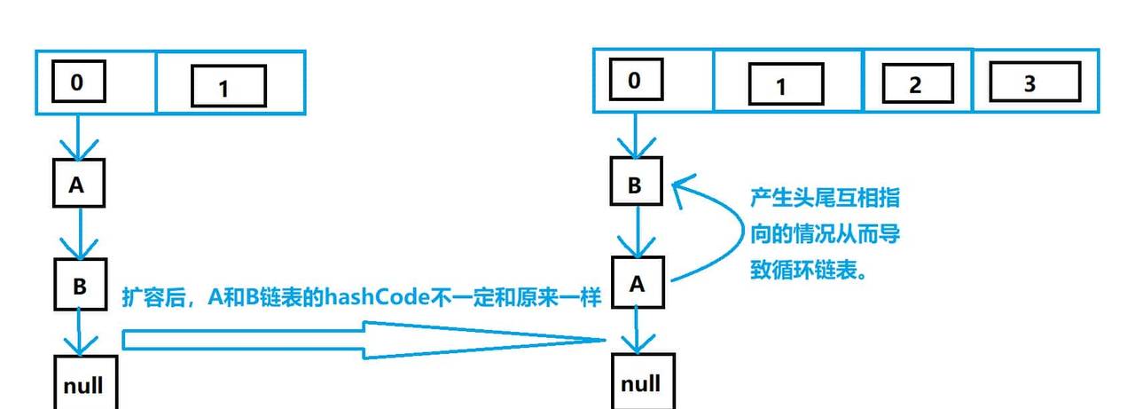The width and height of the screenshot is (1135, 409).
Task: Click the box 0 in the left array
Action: (x=77, y=83)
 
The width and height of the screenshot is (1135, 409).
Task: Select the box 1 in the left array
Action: (x=228, y=87)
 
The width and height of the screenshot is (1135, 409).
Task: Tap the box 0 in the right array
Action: (x=633, y=81)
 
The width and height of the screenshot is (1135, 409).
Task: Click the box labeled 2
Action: (x=917, y=84)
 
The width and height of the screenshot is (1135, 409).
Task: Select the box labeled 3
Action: (x=1034, y=84)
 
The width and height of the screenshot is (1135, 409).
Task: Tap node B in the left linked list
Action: (x=80, y=284)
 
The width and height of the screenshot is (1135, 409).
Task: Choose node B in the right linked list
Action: (x=635, y=185)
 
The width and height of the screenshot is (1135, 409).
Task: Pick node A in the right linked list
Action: (x=637, y=284)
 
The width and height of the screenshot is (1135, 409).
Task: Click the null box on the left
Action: (x=83, y=383)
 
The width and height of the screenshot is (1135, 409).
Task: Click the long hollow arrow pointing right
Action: (x=355, y=340)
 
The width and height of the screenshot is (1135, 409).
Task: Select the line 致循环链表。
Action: (x=807, y=271)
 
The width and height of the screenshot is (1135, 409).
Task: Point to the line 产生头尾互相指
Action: (x=825, y=197)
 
